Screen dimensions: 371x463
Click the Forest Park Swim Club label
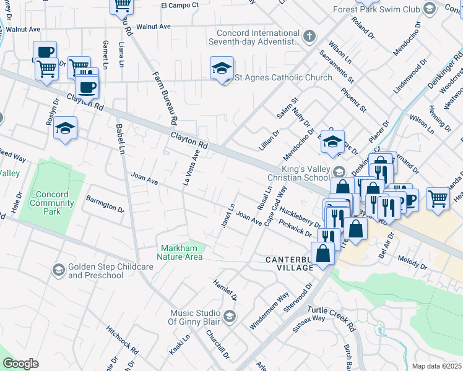(x=376, y=9)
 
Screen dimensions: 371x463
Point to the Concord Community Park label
(x=52, y=203)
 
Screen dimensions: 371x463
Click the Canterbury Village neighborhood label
(x=292, y=260)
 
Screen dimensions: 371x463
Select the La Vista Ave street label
(x=191, y=167)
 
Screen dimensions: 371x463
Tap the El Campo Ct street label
(x=180, y=5)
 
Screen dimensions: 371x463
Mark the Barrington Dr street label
(x=105, y=205)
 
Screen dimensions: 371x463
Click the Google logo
(x=20, y=364)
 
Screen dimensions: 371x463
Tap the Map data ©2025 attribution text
(x=437, y=366)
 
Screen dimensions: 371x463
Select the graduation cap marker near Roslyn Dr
(x=65, y=129)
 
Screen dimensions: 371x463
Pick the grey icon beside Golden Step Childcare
(x=58, y=270)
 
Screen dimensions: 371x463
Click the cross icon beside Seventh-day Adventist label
(x=310, y=36)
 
